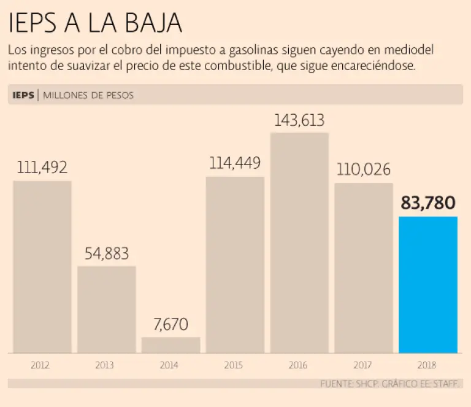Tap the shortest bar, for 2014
pyautogui.click(x=170, y=345)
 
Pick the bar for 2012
pyautogui.click(x=42, y=266)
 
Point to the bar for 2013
pyautogui.click(x=106, y=309)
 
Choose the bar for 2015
pyautogui.click(x=235, y=265)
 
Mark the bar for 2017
pyautogui.click(x=363, y=268)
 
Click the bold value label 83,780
pyautogui.click(x=428, y=203)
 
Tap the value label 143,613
pyautogui.click(x=299, y=120)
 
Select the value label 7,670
pyautogui.click(x=171, y=324)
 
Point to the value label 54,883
pyautogui.click(x=107, y=253)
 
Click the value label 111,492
pyautogui.click(x=42, y=167)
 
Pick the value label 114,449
pyautogui.click(x=235, y=163)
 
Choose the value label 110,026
pyautogui.click(x=364, y=169)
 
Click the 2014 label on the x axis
pyautogui.click(x=169, y=365)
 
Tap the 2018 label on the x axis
pyautogui.click(x=426, y=365)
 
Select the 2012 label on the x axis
pyautogui.click(x=40, y=365)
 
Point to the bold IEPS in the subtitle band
pyautogui.click(x=23, y=95)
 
